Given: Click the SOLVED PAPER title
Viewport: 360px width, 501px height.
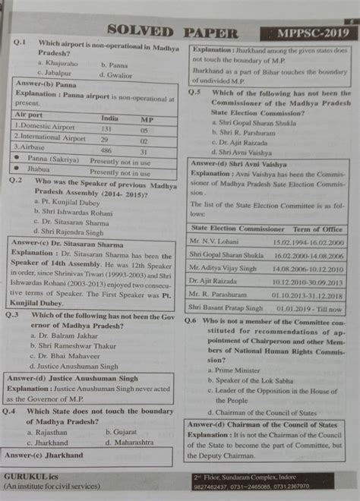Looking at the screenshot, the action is (x=174, y=32).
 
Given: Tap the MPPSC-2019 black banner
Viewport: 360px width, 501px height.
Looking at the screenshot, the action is (x=308, y=33).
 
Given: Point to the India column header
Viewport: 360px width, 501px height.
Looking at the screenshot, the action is (x=109, y=118).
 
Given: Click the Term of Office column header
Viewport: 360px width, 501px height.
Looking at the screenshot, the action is (x=318, y=228).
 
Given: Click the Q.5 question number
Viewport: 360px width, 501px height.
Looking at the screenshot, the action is (x=194, y=93).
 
